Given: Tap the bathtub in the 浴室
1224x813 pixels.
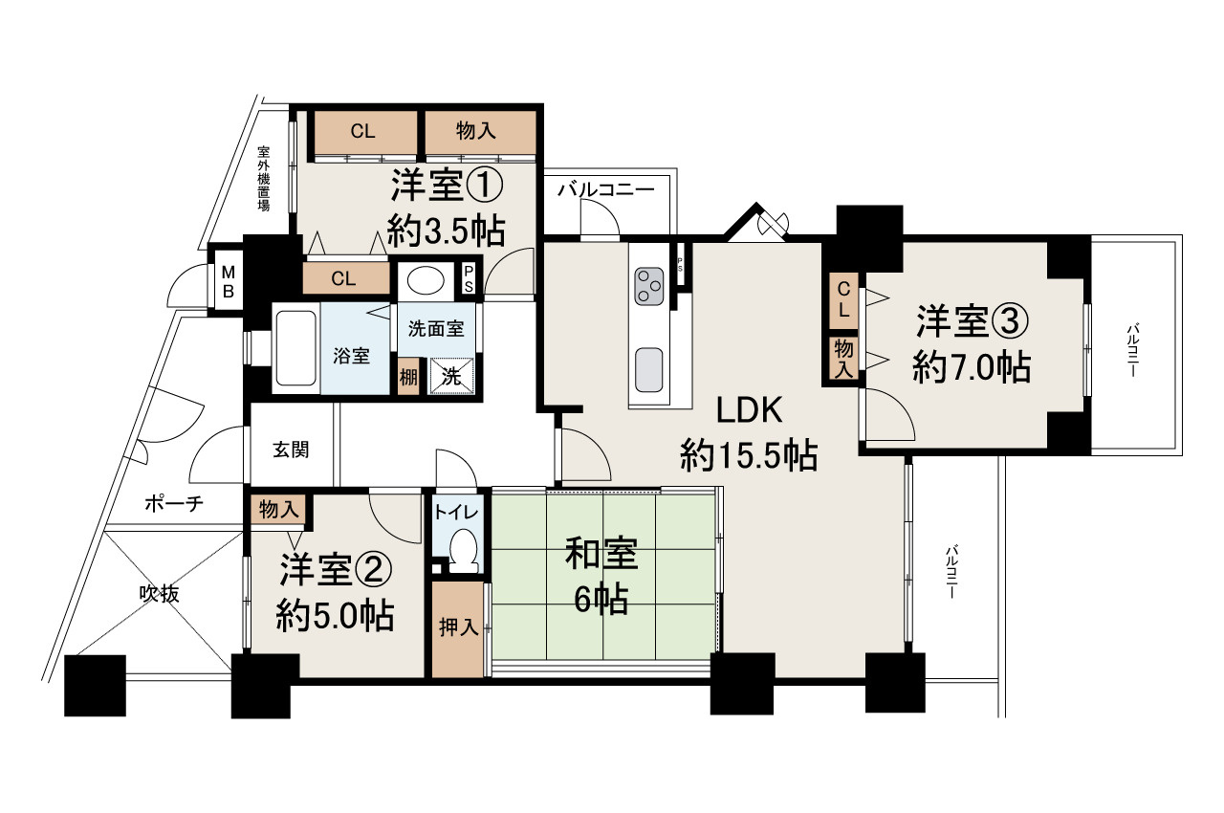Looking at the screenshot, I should tap(295, 350).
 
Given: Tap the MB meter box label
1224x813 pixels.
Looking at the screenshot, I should tap(229, 278).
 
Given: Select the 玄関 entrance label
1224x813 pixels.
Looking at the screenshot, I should tap(291, 450).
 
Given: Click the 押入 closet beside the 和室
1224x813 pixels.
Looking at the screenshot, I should tap(459, 628).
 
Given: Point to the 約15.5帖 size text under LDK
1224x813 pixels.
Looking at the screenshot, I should tap(748, 456).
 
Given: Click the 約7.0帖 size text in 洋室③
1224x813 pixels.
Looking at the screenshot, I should tap(971, 367).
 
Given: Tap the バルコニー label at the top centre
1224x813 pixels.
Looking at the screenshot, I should tap(606, 189).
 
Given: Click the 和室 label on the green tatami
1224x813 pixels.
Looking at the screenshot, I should tap(601, 556).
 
